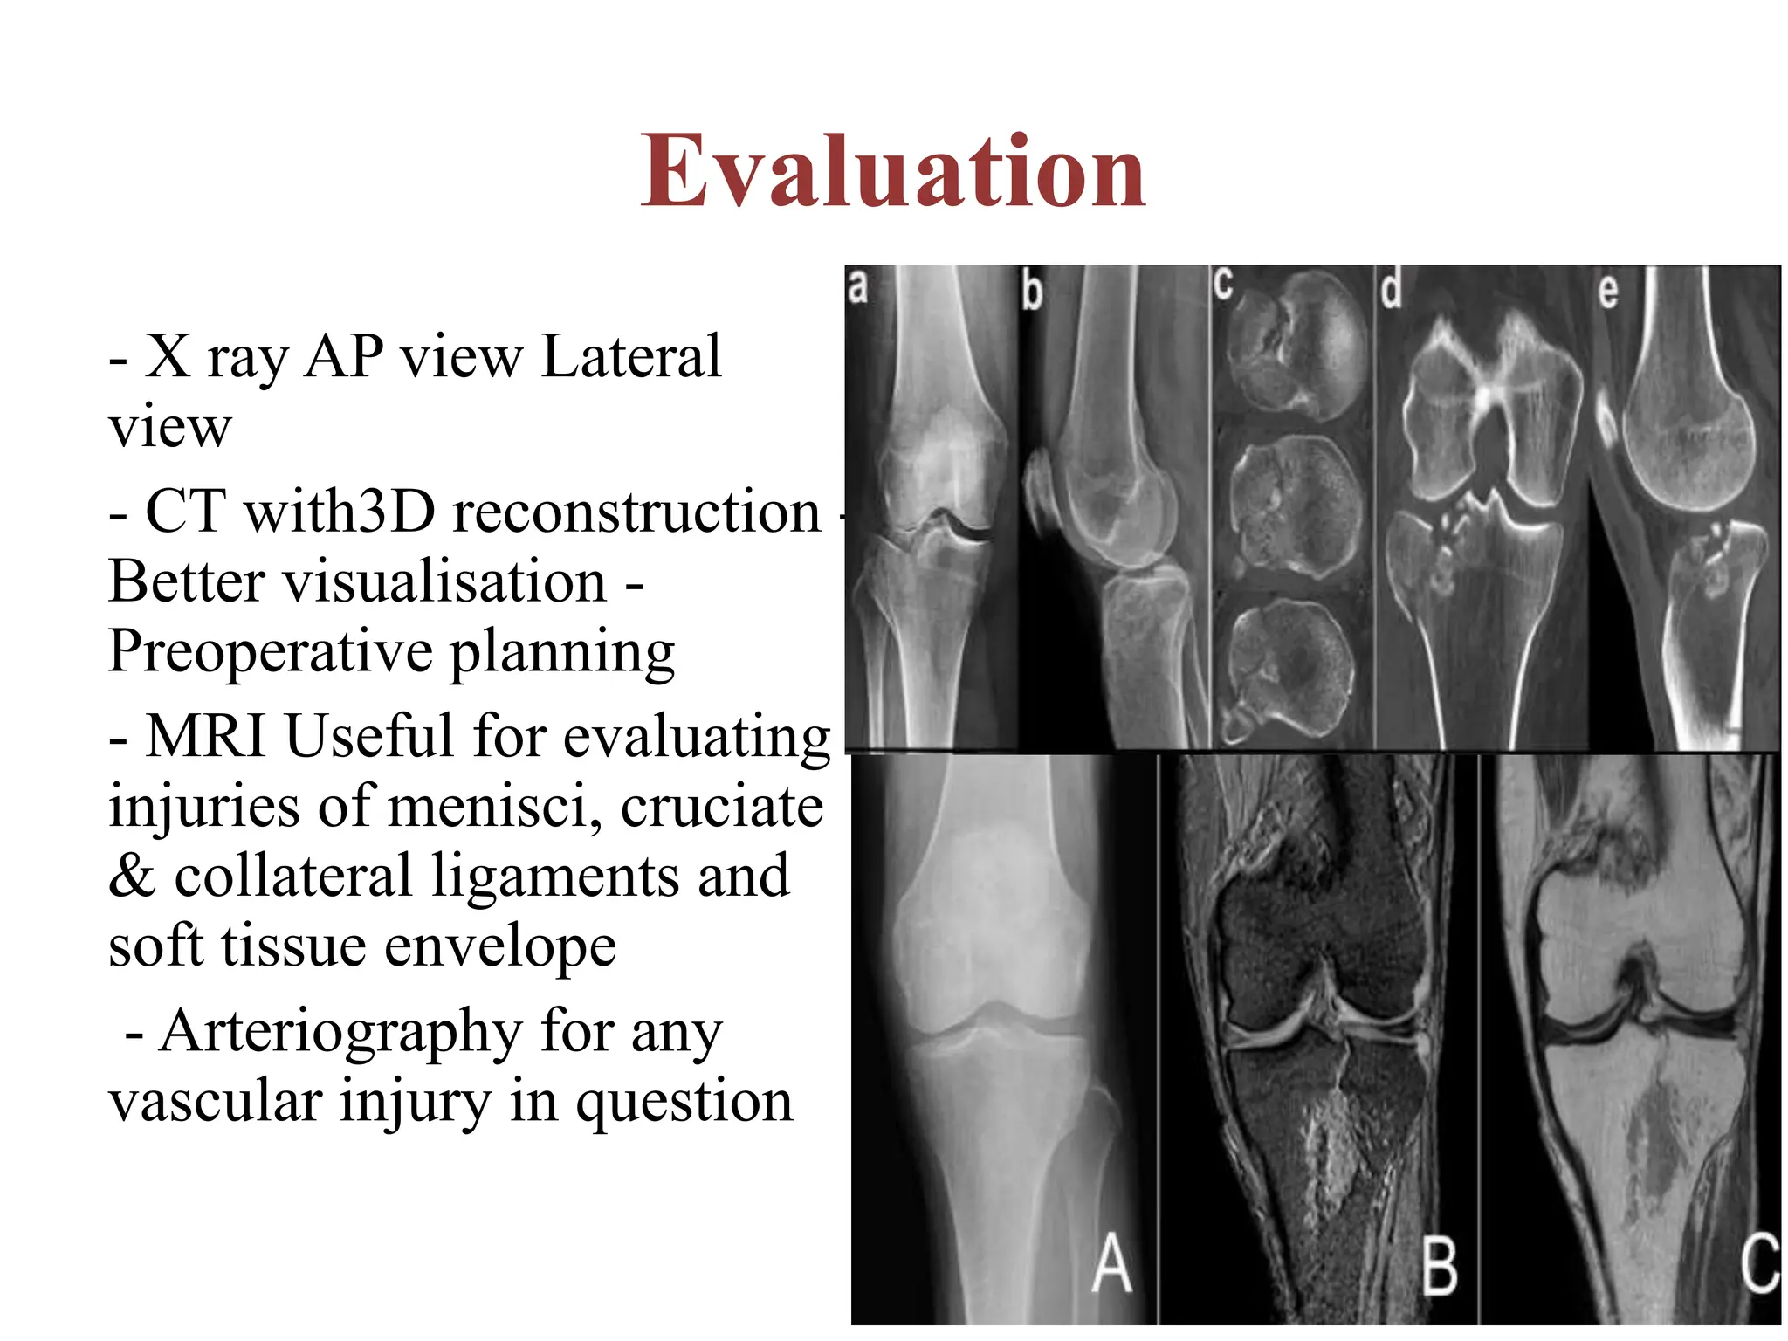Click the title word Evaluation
coord(892,172)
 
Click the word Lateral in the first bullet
coord(630,356)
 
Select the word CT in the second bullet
coord(184,512)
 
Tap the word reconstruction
coord(636,512)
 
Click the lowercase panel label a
coord(857,287)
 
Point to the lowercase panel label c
coord(1223,285)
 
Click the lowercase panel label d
coord(1391,289)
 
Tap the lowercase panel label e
coord(1607,291)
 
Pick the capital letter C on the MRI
coord(1759,1263)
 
